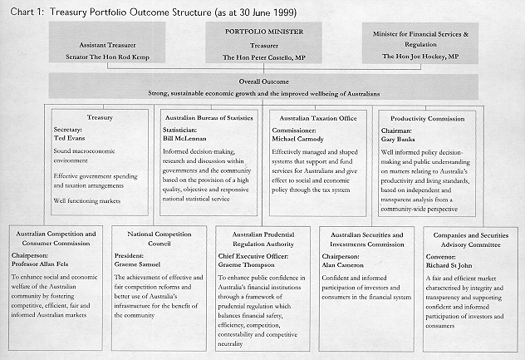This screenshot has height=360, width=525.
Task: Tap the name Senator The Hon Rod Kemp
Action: (105, 57)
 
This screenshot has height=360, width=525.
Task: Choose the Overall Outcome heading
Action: (262, 83)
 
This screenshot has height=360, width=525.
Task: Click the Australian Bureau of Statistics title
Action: (209, 118)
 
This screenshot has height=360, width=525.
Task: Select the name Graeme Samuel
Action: (144, 263)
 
